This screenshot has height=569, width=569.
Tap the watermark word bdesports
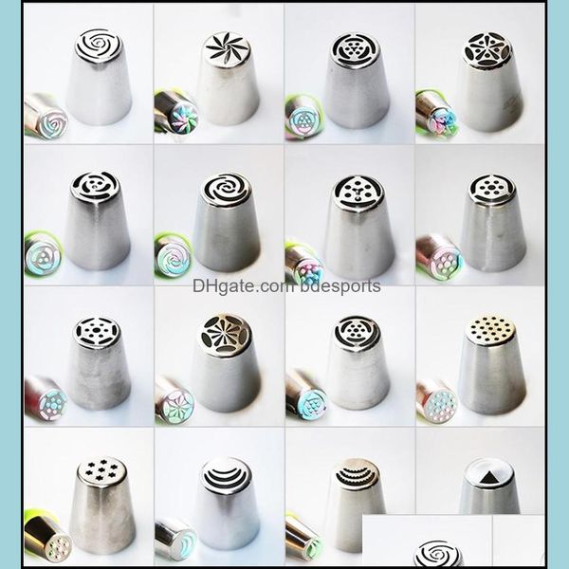(x=338, y=285)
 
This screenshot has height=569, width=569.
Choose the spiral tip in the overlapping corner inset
(x=439, y=553)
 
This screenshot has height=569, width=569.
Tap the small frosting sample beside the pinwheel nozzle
(x=174, y=112)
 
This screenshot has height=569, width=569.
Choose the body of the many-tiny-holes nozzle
(x=492, y=375)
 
